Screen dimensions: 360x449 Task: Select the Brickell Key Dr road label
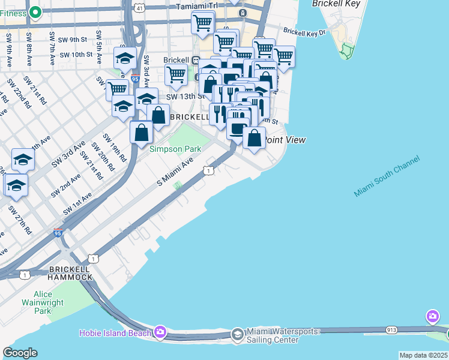(304, 31)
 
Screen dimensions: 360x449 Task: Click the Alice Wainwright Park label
(43, 302)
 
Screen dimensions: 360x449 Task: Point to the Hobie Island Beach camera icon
(160, 332)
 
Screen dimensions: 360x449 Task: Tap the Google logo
(20, 352)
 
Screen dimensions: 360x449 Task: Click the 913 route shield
(392, 329)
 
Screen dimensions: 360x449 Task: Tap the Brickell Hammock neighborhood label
(71, 272)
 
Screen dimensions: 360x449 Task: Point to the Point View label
(285, 140)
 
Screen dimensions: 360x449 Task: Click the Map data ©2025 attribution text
(423, 355)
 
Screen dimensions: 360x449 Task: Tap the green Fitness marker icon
(35, 11)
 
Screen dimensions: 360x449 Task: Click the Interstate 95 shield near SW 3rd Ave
(135, 79)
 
